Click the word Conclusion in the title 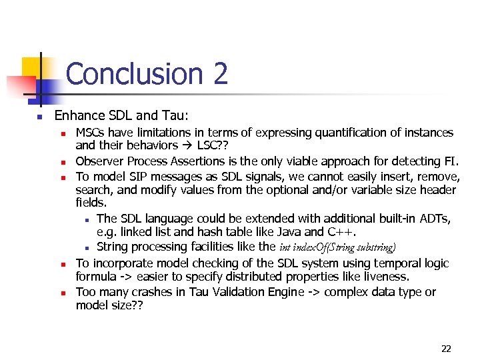click(x=134, y=73)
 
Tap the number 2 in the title click(x=221, y=73)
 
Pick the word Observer click(x=100, y=161)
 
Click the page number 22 click(x=446, y=348)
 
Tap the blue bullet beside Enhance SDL click(x=39, y=117)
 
